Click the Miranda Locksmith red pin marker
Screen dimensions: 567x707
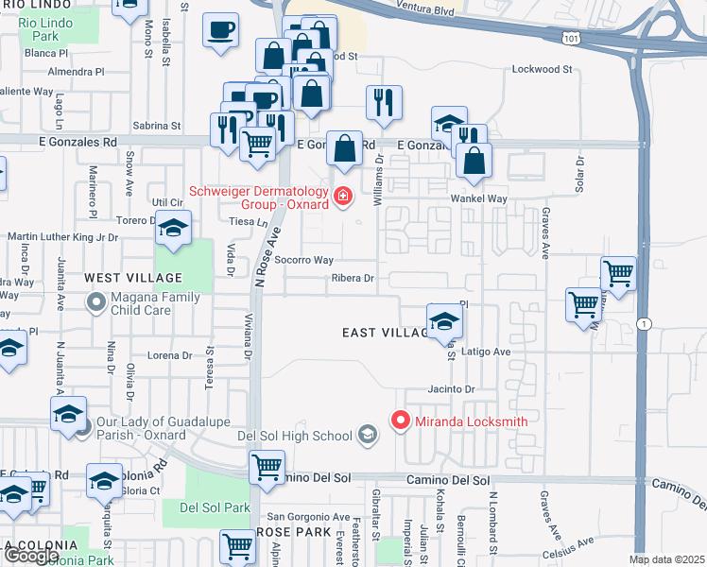(400, 420)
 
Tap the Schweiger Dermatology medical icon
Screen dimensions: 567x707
(343, 197)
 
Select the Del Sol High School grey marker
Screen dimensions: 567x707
(367, 435)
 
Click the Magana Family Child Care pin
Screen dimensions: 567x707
(95, 302)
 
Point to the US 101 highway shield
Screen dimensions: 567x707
(568, 38)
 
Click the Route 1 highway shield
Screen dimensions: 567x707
(642, 323)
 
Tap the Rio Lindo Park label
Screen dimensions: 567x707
(37, 28)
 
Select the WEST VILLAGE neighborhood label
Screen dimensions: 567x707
(133, 278)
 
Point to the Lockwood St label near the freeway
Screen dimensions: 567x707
(542, 69)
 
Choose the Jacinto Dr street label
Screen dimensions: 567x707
(449, 389)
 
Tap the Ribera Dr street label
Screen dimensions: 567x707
(353, 279)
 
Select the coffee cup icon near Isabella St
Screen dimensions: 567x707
(220, 30)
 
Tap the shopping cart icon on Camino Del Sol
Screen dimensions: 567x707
(267, 467)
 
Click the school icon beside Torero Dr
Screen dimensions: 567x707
(173, 228)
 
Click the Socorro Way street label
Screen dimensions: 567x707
(311, 260)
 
